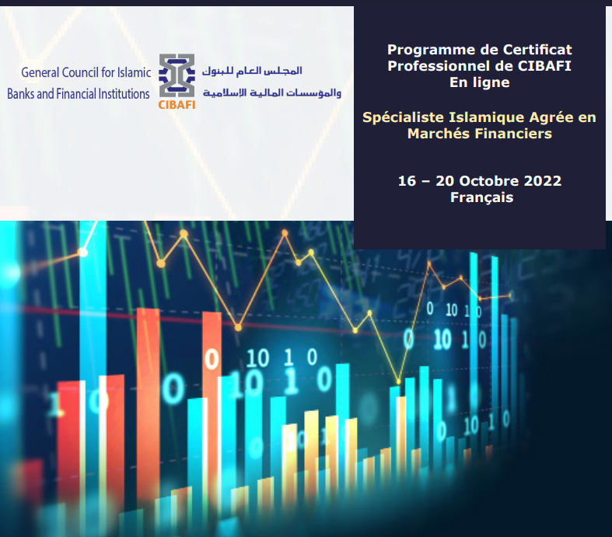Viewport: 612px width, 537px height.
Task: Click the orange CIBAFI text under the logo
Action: tap(177, 104)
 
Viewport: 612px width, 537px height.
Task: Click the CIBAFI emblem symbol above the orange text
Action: tap(177, 75)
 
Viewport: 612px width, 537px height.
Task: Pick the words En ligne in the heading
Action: tap(480, 82)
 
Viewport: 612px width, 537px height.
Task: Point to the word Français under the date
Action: tap(481, 197)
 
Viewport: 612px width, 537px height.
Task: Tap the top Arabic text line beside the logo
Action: tap(252, 71)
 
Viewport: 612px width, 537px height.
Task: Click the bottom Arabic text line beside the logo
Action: tap(272, 92)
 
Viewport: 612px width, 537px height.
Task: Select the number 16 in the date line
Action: tap(407, 181)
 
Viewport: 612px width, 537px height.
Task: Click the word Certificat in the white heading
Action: tap(537, 50)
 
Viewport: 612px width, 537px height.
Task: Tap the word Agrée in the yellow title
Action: tap(551, 118)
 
